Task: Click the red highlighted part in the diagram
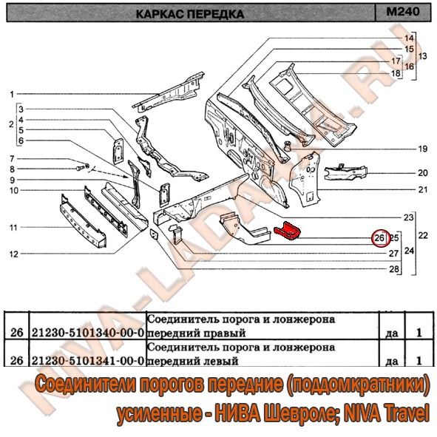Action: [287, 231]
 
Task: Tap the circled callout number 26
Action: [379, 238]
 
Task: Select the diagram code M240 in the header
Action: [403, 12]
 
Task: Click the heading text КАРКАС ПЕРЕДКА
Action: [190, 13]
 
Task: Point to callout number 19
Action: [422, 149]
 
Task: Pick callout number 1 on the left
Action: [12, 95]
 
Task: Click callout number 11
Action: [13, 228]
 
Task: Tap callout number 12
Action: [13, 254]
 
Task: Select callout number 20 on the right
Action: [422, 173]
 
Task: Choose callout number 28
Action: [394, 269]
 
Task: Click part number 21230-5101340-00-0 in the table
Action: [88, 333]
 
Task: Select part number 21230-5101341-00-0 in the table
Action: [88, 361]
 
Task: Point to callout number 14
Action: [409, 38]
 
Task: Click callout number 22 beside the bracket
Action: [423, 235]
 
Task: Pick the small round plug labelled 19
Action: [287, 146]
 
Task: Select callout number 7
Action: [12, 159]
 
